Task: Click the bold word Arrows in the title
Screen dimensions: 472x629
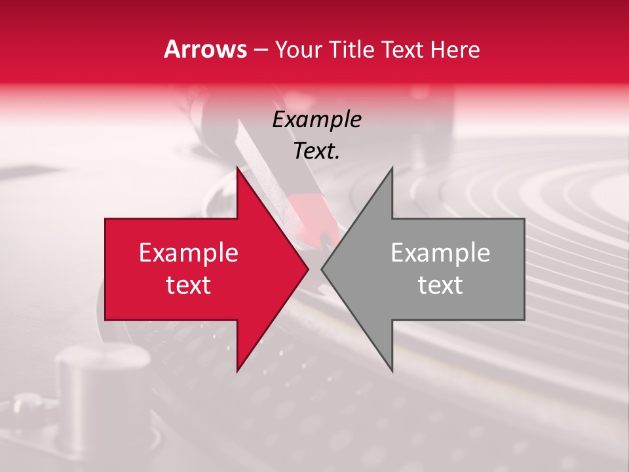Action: click(206, 50)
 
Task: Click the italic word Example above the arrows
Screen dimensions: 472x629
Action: click(316, 119)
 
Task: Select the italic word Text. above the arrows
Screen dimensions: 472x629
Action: click(316, 151)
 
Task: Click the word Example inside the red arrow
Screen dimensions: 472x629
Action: click(189, 252)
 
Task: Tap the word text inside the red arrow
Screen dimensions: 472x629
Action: click(189, 285)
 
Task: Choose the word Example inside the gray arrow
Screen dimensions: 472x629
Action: click(440, 252)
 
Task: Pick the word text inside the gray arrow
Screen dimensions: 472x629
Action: click(440, 285)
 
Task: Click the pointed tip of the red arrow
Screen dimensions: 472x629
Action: click(308, 269)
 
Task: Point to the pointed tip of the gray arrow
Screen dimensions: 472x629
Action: click(322, 269)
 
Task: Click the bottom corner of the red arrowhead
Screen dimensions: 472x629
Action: click(237, 371)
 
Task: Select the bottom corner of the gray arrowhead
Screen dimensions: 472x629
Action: click(392, 371)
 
